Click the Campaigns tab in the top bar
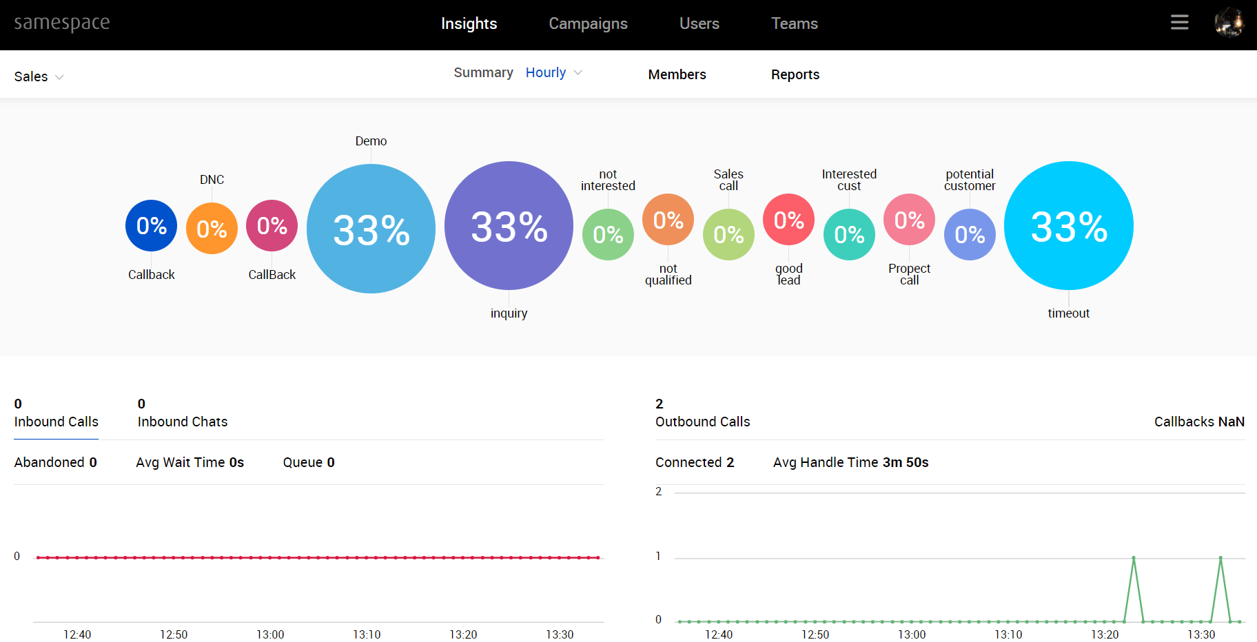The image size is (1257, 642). pyautogui.click(x=588, y=23)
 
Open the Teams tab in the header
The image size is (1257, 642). pyautogui.click(x=794, y=23)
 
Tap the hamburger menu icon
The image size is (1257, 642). pyautogui.click(x=1179, y=23)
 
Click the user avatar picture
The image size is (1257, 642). pyautogui.click(x=1229, y=23)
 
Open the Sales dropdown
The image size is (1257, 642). pyautogui.click(x=39, y=76)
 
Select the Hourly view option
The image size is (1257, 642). pyautogui.click(x=546, y=72)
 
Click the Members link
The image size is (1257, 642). pyautogui.click(x=677, y=74)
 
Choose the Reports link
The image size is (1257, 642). pyautogui.click(x=795, y=74)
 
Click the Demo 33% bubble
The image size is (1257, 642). pyautogui.click(x=371, y=229)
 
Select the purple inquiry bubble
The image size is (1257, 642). pyautogui.click(x=509, y=226)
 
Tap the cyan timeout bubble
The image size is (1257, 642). pyautogui.click(x=1068, y=226)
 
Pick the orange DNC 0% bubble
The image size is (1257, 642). pyautogui.click(x=212, y=228)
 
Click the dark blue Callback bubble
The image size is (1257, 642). pyautogui.click(x=151, y=225)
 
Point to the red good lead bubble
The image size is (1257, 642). pyautogui.click(x=788, y=220)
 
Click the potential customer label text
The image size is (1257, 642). pyautogui.click(x=969, y=180)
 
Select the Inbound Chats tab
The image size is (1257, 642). pyautogui.click(x=182, y=421)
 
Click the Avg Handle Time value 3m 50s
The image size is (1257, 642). pyautogui.click(x=906, y=462)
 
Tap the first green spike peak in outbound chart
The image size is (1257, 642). pyautogui.click(x=1133, y=557)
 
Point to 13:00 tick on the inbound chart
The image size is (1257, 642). pyautogui.click(x=270, y=634)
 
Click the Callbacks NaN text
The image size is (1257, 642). pyautogui.click(x=1198, y=422)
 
